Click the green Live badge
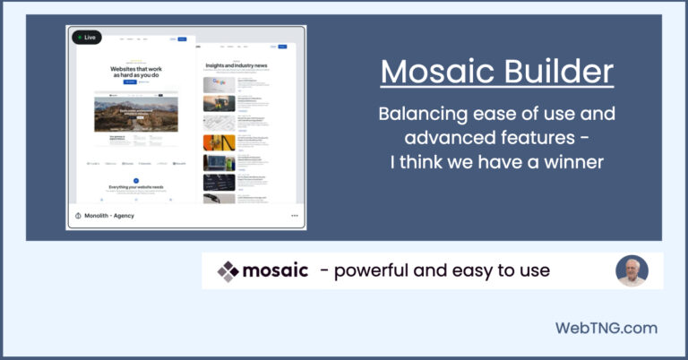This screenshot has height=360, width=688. click(87, 38)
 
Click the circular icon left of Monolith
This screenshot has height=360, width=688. click(78, 216)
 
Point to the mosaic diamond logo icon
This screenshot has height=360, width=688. click(229, 270)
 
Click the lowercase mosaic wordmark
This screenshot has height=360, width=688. click(276, 270)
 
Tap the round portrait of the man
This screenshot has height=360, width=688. click(632, 270)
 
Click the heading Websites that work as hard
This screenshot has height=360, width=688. click(135, 70)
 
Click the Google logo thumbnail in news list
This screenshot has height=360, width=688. click(219, 84)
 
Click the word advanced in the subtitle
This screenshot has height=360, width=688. click(448, 138)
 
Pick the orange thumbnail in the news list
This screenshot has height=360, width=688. click(219, 141)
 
